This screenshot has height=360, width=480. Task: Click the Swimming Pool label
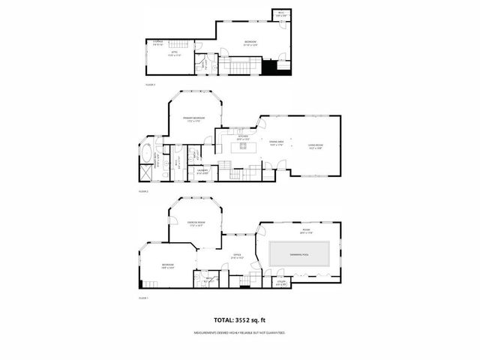click(300, 255)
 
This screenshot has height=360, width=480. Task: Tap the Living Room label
click(315, 145)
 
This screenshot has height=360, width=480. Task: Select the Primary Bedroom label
click(195, 119)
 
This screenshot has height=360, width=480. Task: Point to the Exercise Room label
click(196, 222)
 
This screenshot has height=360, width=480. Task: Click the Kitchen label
click(242, 136)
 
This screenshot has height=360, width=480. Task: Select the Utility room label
click(282, 283)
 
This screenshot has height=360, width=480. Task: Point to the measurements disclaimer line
click(240, 332)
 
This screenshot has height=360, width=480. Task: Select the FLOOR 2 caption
click(144, 192)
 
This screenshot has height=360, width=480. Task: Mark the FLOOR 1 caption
click(144, 298)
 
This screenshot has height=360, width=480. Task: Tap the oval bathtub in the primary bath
click(148, 157)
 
